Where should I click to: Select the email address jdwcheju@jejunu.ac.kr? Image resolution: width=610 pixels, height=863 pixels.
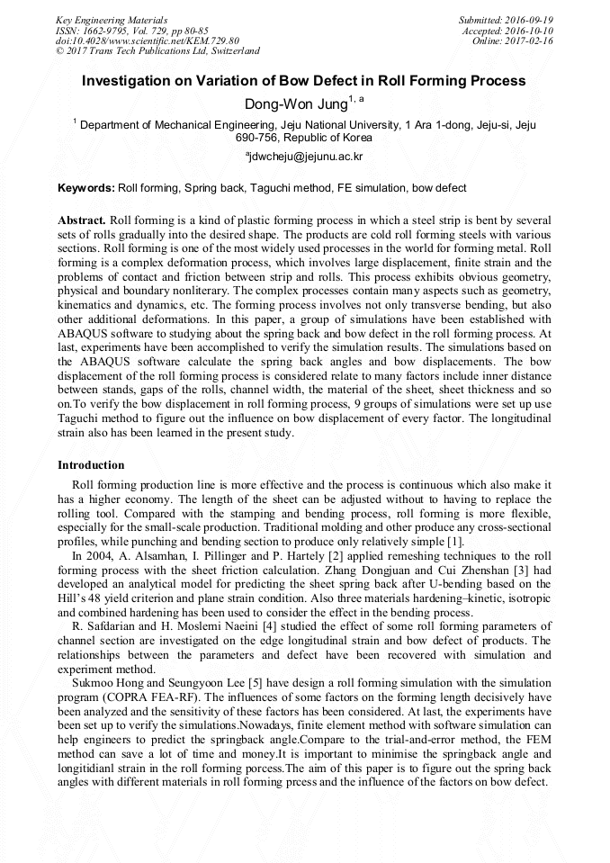pyautogui.click(x=306, y=157)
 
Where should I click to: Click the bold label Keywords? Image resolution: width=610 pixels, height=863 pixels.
pyautogui.click(x=85, y=188)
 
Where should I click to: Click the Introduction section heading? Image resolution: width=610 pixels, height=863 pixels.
pyautogui.click(x=91, y=465)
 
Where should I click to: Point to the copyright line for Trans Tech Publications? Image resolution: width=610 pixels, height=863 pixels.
pyautogui.click(x=157, y=51)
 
